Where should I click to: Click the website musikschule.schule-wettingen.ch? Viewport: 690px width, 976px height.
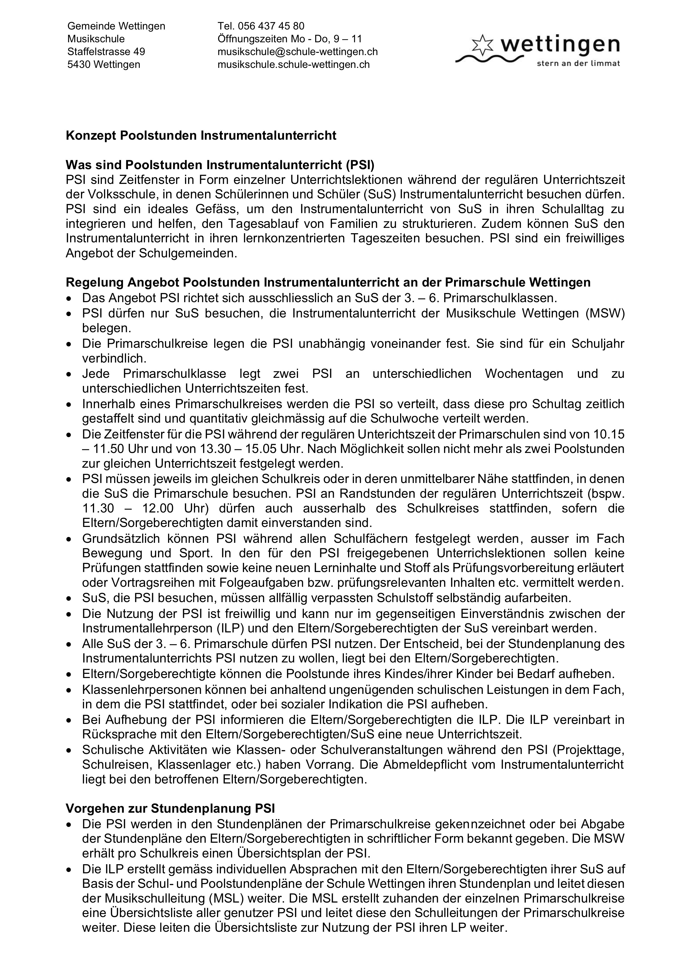pyautogui.click(x=293, y=65)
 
